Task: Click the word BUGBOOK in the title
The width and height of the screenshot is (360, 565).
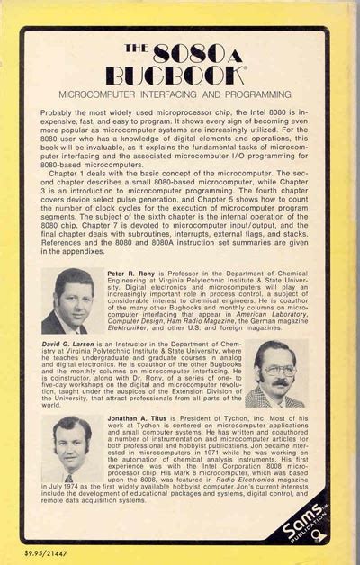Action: pos(178,74)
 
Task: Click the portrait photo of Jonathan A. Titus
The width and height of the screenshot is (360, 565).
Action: pos(73,450)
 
